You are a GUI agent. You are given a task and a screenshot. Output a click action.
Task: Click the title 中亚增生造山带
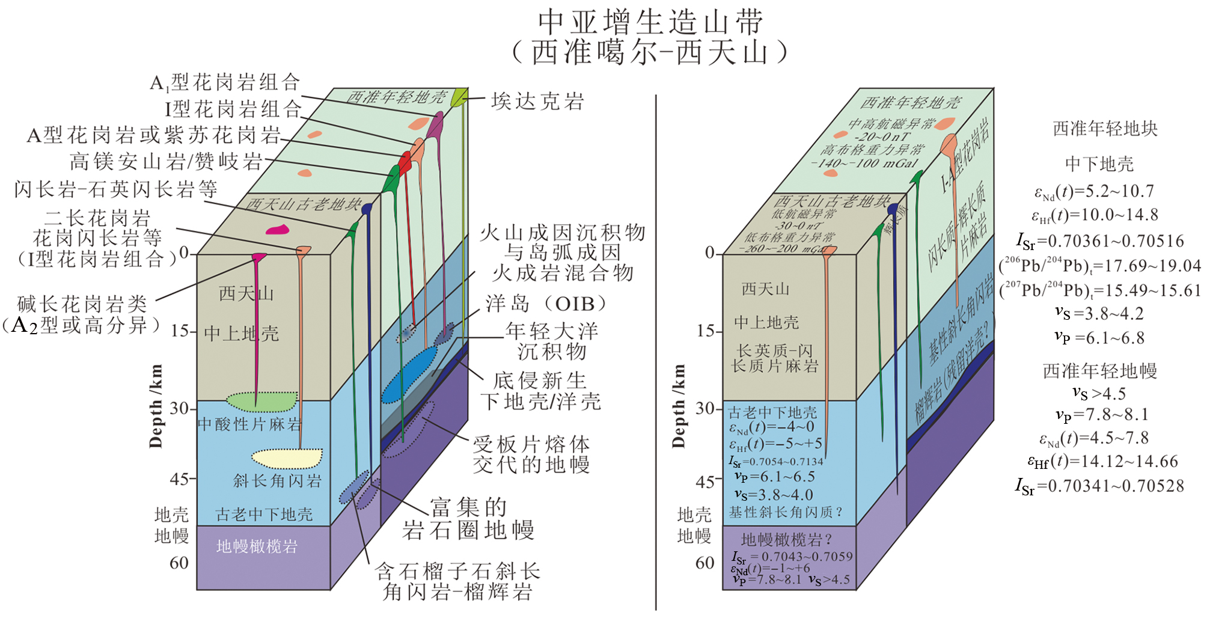pos(650,22)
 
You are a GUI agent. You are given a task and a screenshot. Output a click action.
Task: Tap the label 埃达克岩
pos(537,101)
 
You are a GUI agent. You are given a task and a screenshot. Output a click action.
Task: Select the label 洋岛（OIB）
pos(546,304)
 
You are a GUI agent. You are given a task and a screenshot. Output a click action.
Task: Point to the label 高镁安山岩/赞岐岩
pos(167,161)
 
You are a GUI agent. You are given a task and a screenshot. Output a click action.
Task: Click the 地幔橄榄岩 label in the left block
pos(257,546)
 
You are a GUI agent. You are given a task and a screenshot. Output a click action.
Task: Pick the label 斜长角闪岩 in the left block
pos(277,480)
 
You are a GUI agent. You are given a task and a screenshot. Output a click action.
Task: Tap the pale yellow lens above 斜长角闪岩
pos(287,458)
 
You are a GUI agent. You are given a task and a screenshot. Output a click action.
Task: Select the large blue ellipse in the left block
pos(409,375)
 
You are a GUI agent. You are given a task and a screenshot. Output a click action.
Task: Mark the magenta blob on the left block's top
pos(277,230)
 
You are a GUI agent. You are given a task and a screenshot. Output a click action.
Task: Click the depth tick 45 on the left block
pos(180,479)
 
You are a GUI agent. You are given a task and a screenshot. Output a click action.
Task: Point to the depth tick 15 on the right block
pos(706,331)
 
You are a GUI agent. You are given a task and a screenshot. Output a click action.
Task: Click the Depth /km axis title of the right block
pos(679,406)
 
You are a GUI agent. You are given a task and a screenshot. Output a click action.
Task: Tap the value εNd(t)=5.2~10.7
pos(1094,192)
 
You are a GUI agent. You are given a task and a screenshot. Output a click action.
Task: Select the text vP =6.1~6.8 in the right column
pos(1099,338)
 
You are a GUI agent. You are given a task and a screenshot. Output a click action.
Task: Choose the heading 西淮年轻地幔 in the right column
pos(1099,370)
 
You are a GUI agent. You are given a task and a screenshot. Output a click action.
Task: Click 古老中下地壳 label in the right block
pos(772,412)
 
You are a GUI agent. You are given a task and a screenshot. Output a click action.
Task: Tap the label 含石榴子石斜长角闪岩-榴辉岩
pos(457,581)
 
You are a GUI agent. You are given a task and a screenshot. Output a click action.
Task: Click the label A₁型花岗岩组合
pos(224,82)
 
